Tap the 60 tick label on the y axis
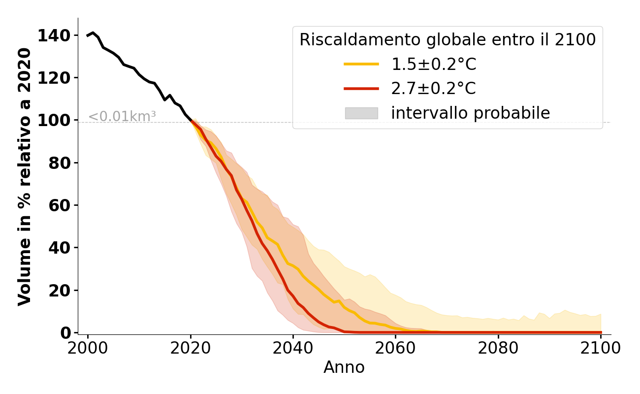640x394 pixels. [60, 205]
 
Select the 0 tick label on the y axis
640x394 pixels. [66, 333]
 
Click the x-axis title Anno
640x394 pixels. [344, 367]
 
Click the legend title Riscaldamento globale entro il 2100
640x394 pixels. [448, 40]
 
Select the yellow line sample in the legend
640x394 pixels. [361, 65]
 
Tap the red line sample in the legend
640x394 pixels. [361, 89]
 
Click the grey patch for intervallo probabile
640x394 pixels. [361, 113]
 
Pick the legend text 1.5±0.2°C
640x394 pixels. [434, 65]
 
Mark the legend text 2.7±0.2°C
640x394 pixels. [434, 89]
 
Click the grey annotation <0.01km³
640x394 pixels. [122, 117]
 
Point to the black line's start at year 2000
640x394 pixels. [88, 35]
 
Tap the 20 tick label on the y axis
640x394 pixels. [60, 291]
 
